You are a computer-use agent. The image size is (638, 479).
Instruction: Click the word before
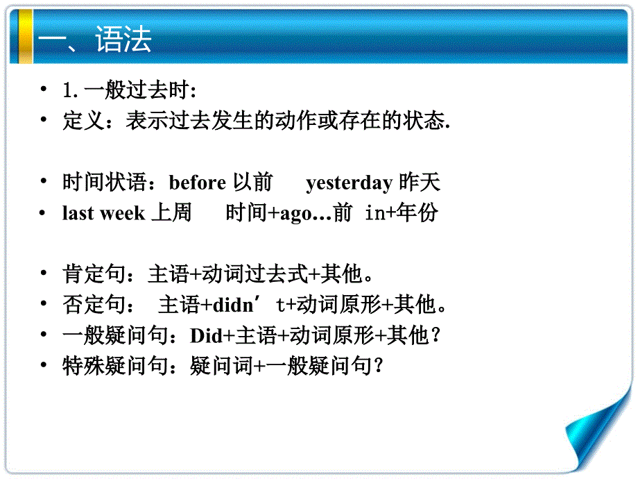click(x=197, y=183)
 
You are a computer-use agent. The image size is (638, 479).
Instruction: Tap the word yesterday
click(x=349, y=183)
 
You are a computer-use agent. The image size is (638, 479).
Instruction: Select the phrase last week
click(x=103, y=213)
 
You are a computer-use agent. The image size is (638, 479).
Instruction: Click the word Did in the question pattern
click(x=205, y=336)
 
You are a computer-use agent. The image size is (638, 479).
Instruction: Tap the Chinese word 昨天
click(x=420, y=183)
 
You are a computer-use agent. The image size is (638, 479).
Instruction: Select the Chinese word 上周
click(x=171, y=213)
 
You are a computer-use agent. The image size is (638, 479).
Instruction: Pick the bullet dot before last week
click(x=44, y=213)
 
